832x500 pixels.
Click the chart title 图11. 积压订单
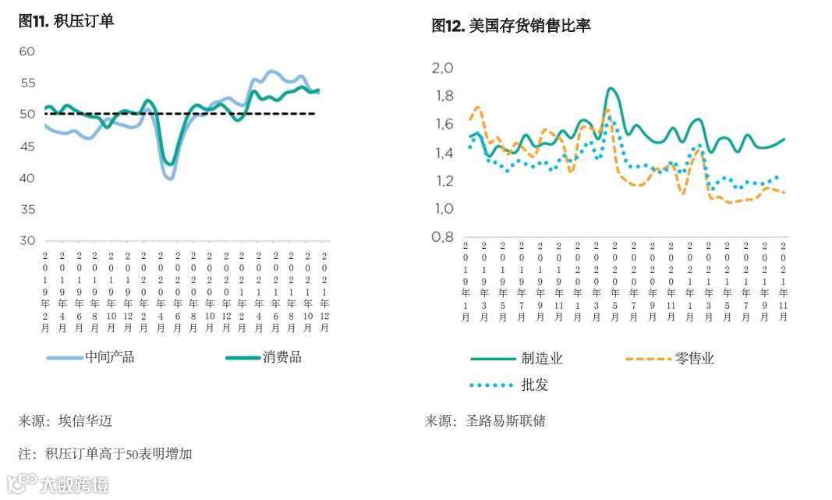pyautogui.click(x=66, y=22)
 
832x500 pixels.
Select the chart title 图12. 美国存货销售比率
pyautogui.click(x=511, y=26)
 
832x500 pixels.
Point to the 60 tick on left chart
pyautogui.click(x=27, y=51)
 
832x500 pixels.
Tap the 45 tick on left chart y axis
pyautogui.click(x=27, y=147)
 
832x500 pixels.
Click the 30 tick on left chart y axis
pyautogui.click(x=27, y=241)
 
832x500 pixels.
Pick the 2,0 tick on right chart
pyautogui.click(x=442, y=69)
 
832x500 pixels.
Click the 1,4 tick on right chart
pyautogui.click(x=442, y=153)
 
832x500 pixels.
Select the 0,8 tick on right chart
pyautogui.click(x=442, y=238)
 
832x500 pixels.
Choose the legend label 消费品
pyautogui.click(x=282, y=357)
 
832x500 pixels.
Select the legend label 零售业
pyautogui.click(x=695, y=359)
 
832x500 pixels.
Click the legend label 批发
pyautogui.click(x=535, y=385)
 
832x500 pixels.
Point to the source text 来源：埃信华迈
pyautogui.click(x=65, y=421)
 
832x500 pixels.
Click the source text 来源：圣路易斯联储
pyautogui.click(x=485, y=421)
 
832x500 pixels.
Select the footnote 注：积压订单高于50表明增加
pyautogui.click(x=105, y=453)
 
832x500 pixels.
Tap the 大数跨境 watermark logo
pyautogui.click(x=58, y=484)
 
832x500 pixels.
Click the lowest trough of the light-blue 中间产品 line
pyautogui.click(x=169, y=179)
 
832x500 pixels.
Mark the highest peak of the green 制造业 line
pyautogui.click(x=611, y=89)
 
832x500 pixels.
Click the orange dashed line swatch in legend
pyautogui.click(x=648, y=359)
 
